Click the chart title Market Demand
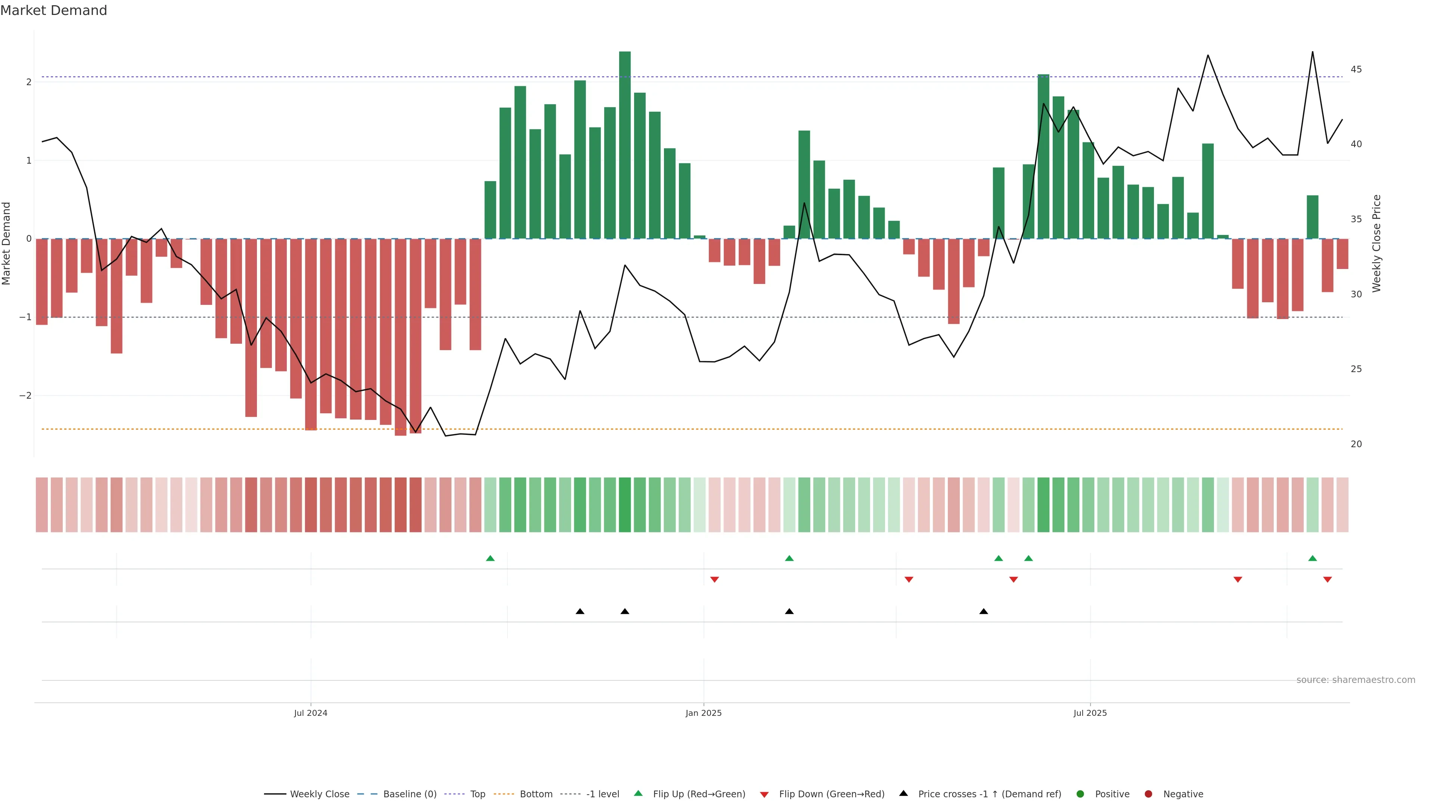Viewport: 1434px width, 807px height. coord(53,10)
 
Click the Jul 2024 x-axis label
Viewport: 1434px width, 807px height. coord(311,713)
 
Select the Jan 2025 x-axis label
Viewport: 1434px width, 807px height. coord(703,713)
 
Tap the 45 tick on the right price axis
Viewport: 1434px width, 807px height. coord(1356,69)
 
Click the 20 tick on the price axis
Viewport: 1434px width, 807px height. coord(1356,444)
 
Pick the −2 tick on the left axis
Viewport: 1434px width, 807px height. coord(25,395)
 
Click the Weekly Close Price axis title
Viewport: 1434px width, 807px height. coord(1376,243)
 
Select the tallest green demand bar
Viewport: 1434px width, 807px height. coord(625,145)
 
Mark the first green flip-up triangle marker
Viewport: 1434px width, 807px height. coord(490,558)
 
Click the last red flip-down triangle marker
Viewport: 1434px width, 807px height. coord(1327,580)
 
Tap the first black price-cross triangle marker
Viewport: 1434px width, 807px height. coord(580,612)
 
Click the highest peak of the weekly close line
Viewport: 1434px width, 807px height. coord(1312,52)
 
